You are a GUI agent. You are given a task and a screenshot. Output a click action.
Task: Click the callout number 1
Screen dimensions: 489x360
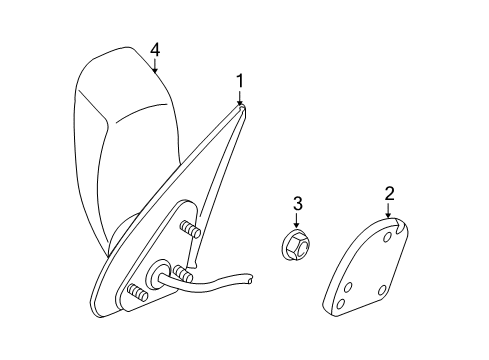pos(240,78)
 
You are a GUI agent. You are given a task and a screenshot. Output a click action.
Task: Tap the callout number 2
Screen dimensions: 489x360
pos(388,193)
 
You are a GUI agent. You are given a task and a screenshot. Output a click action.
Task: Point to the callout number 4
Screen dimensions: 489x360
pos(155,48)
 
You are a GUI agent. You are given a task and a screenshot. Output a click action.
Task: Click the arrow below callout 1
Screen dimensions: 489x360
pos(240,98)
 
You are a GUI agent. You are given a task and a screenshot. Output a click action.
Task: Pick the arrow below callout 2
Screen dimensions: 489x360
pos(388,212)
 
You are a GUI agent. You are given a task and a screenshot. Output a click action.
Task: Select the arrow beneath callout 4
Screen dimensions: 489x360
pos(155,67)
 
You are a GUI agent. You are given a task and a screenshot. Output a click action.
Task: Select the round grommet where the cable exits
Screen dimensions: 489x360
pos(158,275)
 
